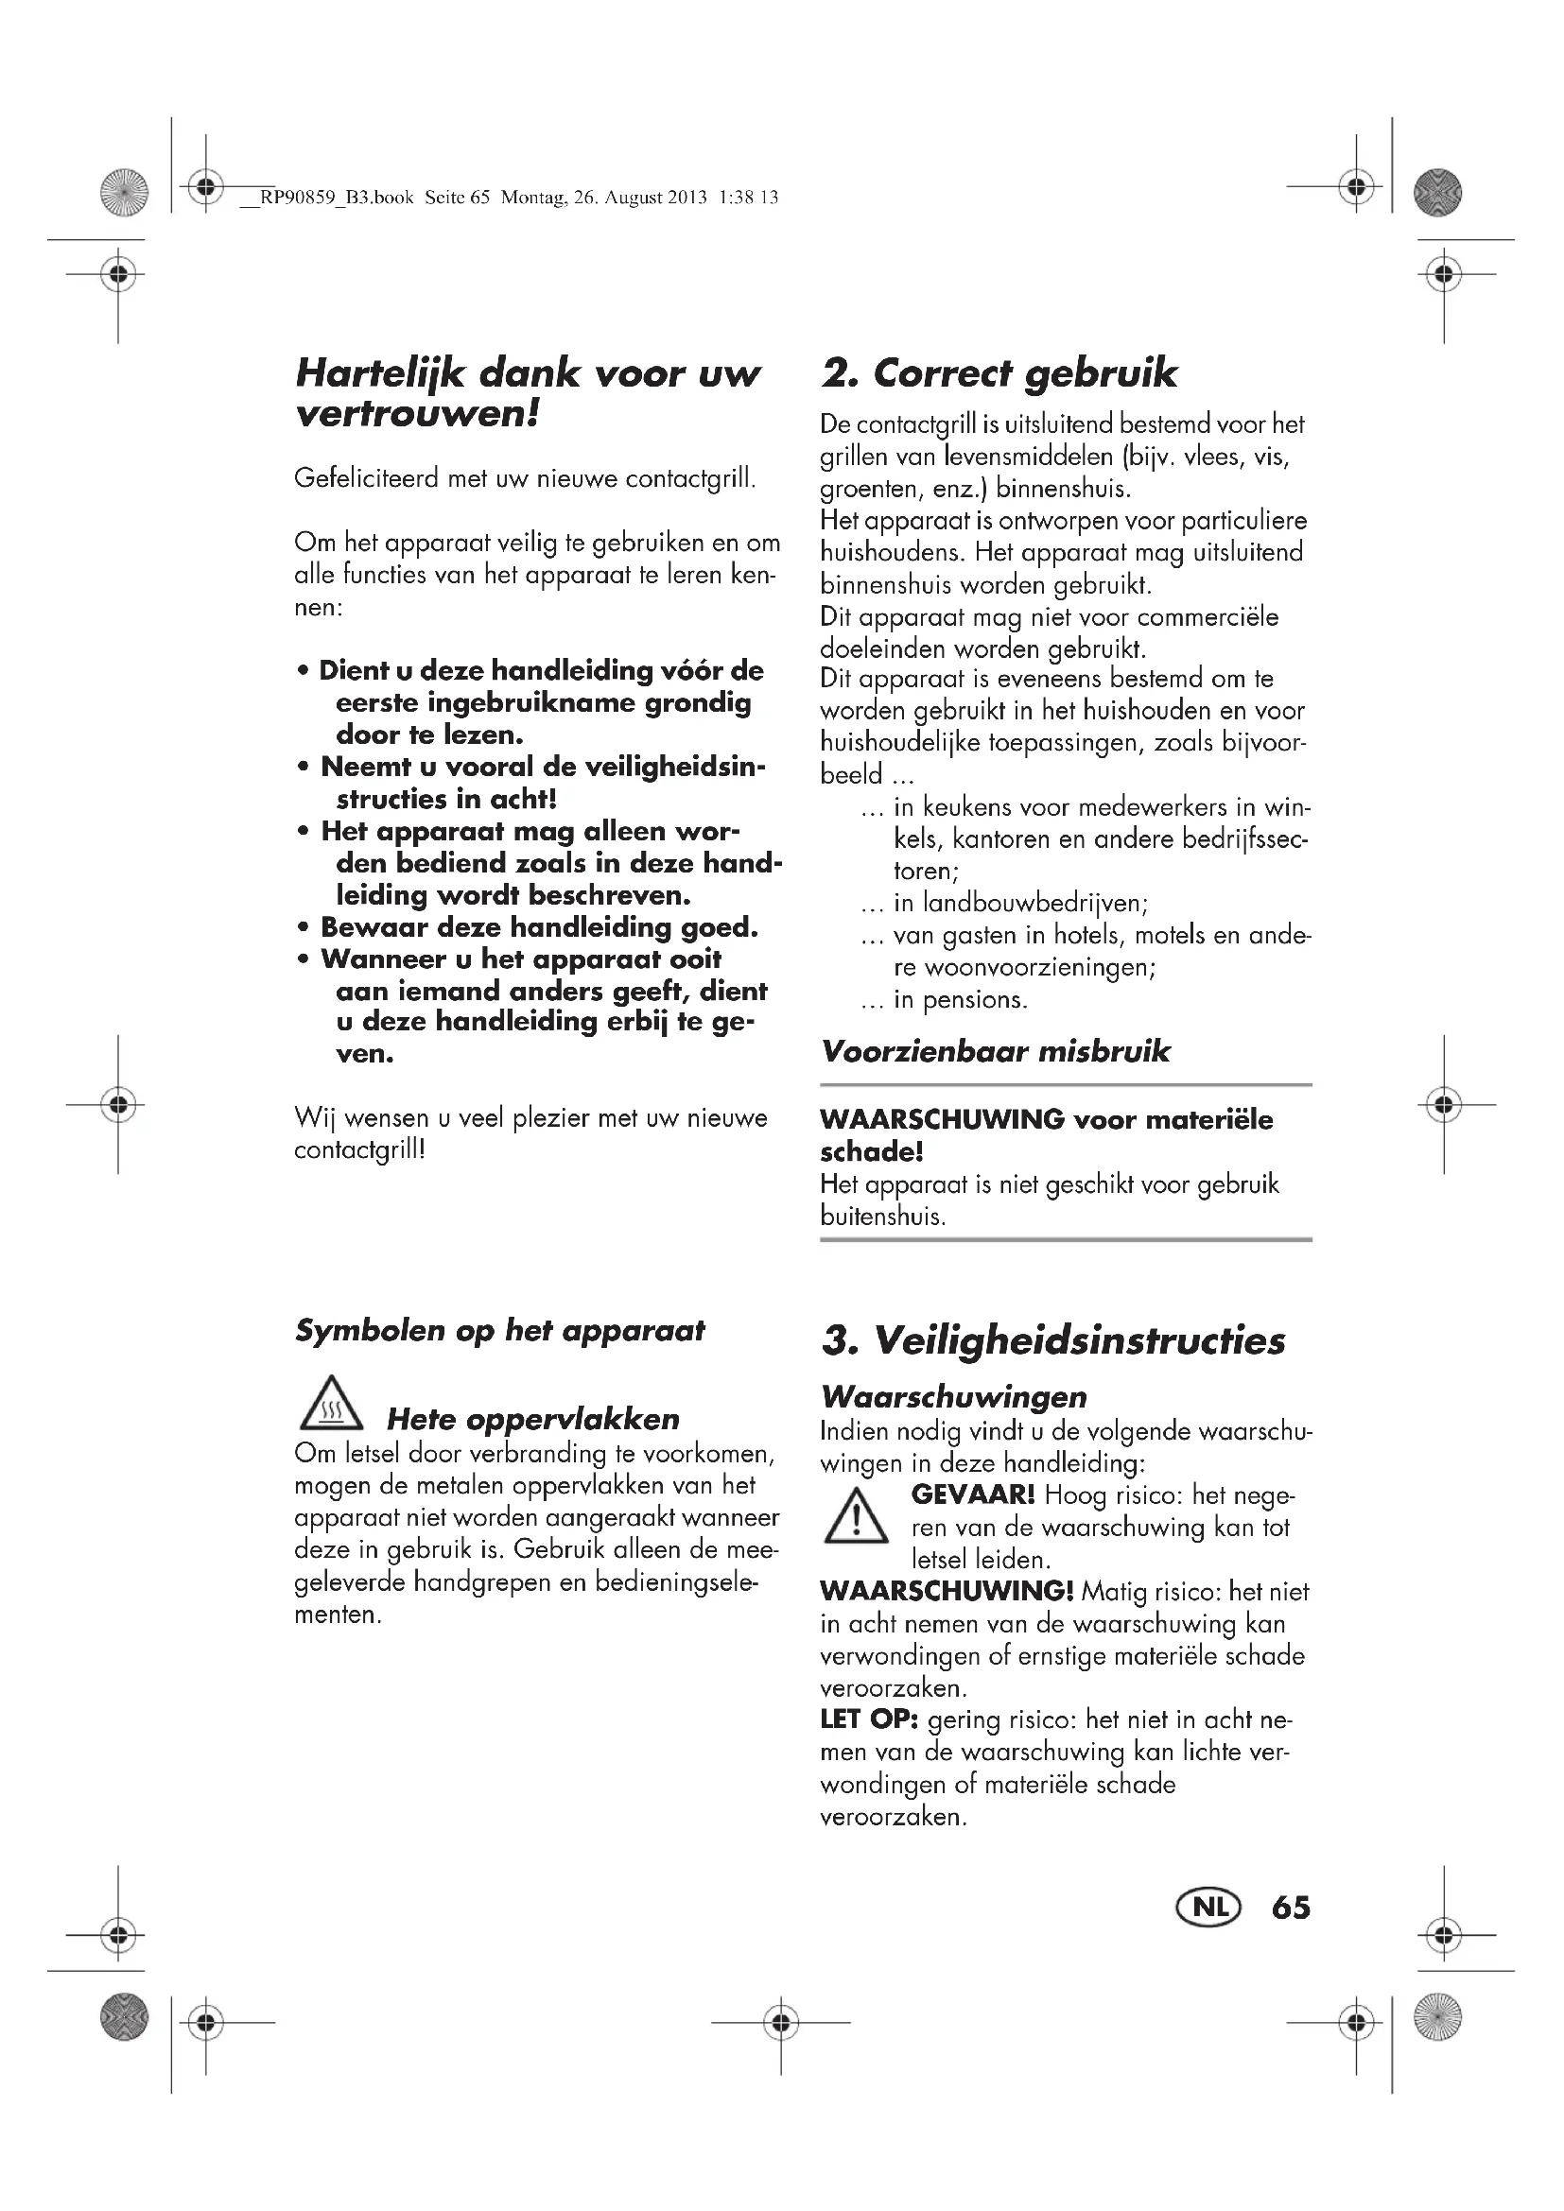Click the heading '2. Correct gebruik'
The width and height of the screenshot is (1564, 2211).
(999, 373)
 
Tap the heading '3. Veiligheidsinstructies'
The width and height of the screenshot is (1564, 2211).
(1052, 1341)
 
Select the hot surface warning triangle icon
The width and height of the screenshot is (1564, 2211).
(330, 1404)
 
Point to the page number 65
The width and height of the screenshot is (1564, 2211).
(1291, 1908)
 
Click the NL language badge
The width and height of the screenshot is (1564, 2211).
(1208, 1908)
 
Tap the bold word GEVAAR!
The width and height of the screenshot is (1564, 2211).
(973, 1494)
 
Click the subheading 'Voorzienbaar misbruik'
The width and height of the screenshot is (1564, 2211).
(995, 1050)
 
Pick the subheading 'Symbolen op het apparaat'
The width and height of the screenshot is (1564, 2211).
(499, 1331)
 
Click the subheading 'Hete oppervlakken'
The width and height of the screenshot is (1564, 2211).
(532, 1419)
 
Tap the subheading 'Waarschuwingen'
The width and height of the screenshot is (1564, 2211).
(953, 1396)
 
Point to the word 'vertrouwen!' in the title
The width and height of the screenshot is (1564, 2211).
(416, 414)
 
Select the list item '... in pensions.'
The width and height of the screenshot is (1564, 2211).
(944, 999)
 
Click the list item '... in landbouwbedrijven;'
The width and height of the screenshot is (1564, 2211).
(1003, 904)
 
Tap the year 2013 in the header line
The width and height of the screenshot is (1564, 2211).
(687, 199)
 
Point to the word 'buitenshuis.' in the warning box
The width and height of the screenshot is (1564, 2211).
(882, 1217)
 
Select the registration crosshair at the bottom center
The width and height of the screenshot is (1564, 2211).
(781, 2022)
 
